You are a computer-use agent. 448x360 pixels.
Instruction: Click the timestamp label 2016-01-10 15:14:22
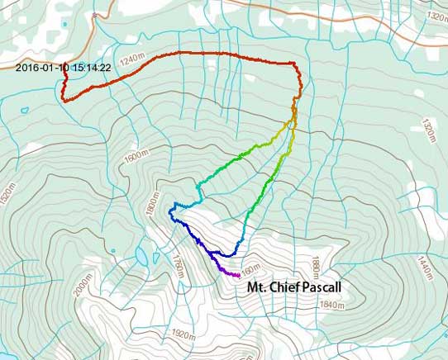pyautogui.click(x=63, y=68)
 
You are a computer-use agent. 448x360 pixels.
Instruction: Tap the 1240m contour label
pyautogui.click(x=131, y=59)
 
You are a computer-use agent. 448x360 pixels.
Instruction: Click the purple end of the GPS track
pyautogui.click(x=238, y=275)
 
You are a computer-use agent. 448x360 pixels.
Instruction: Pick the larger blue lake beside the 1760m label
pyautogui.click(x=143, y=256)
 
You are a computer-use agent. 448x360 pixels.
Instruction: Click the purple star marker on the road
pyautogui.click(x=96, y=16)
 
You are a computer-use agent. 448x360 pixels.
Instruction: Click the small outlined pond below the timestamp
pyautogui.click(x=25, y=109)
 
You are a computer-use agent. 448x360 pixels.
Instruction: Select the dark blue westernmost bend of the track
pyautogui.click(x=170, y=212)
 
